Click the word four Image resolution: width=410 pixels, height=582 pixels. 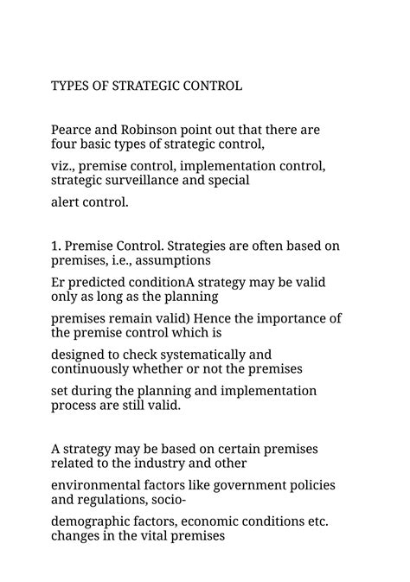[65, 144]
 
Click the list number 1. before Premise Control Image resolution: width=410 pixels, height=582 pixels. [56, 246]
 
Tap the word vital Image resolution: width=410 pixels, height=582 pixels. [151, 536]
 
